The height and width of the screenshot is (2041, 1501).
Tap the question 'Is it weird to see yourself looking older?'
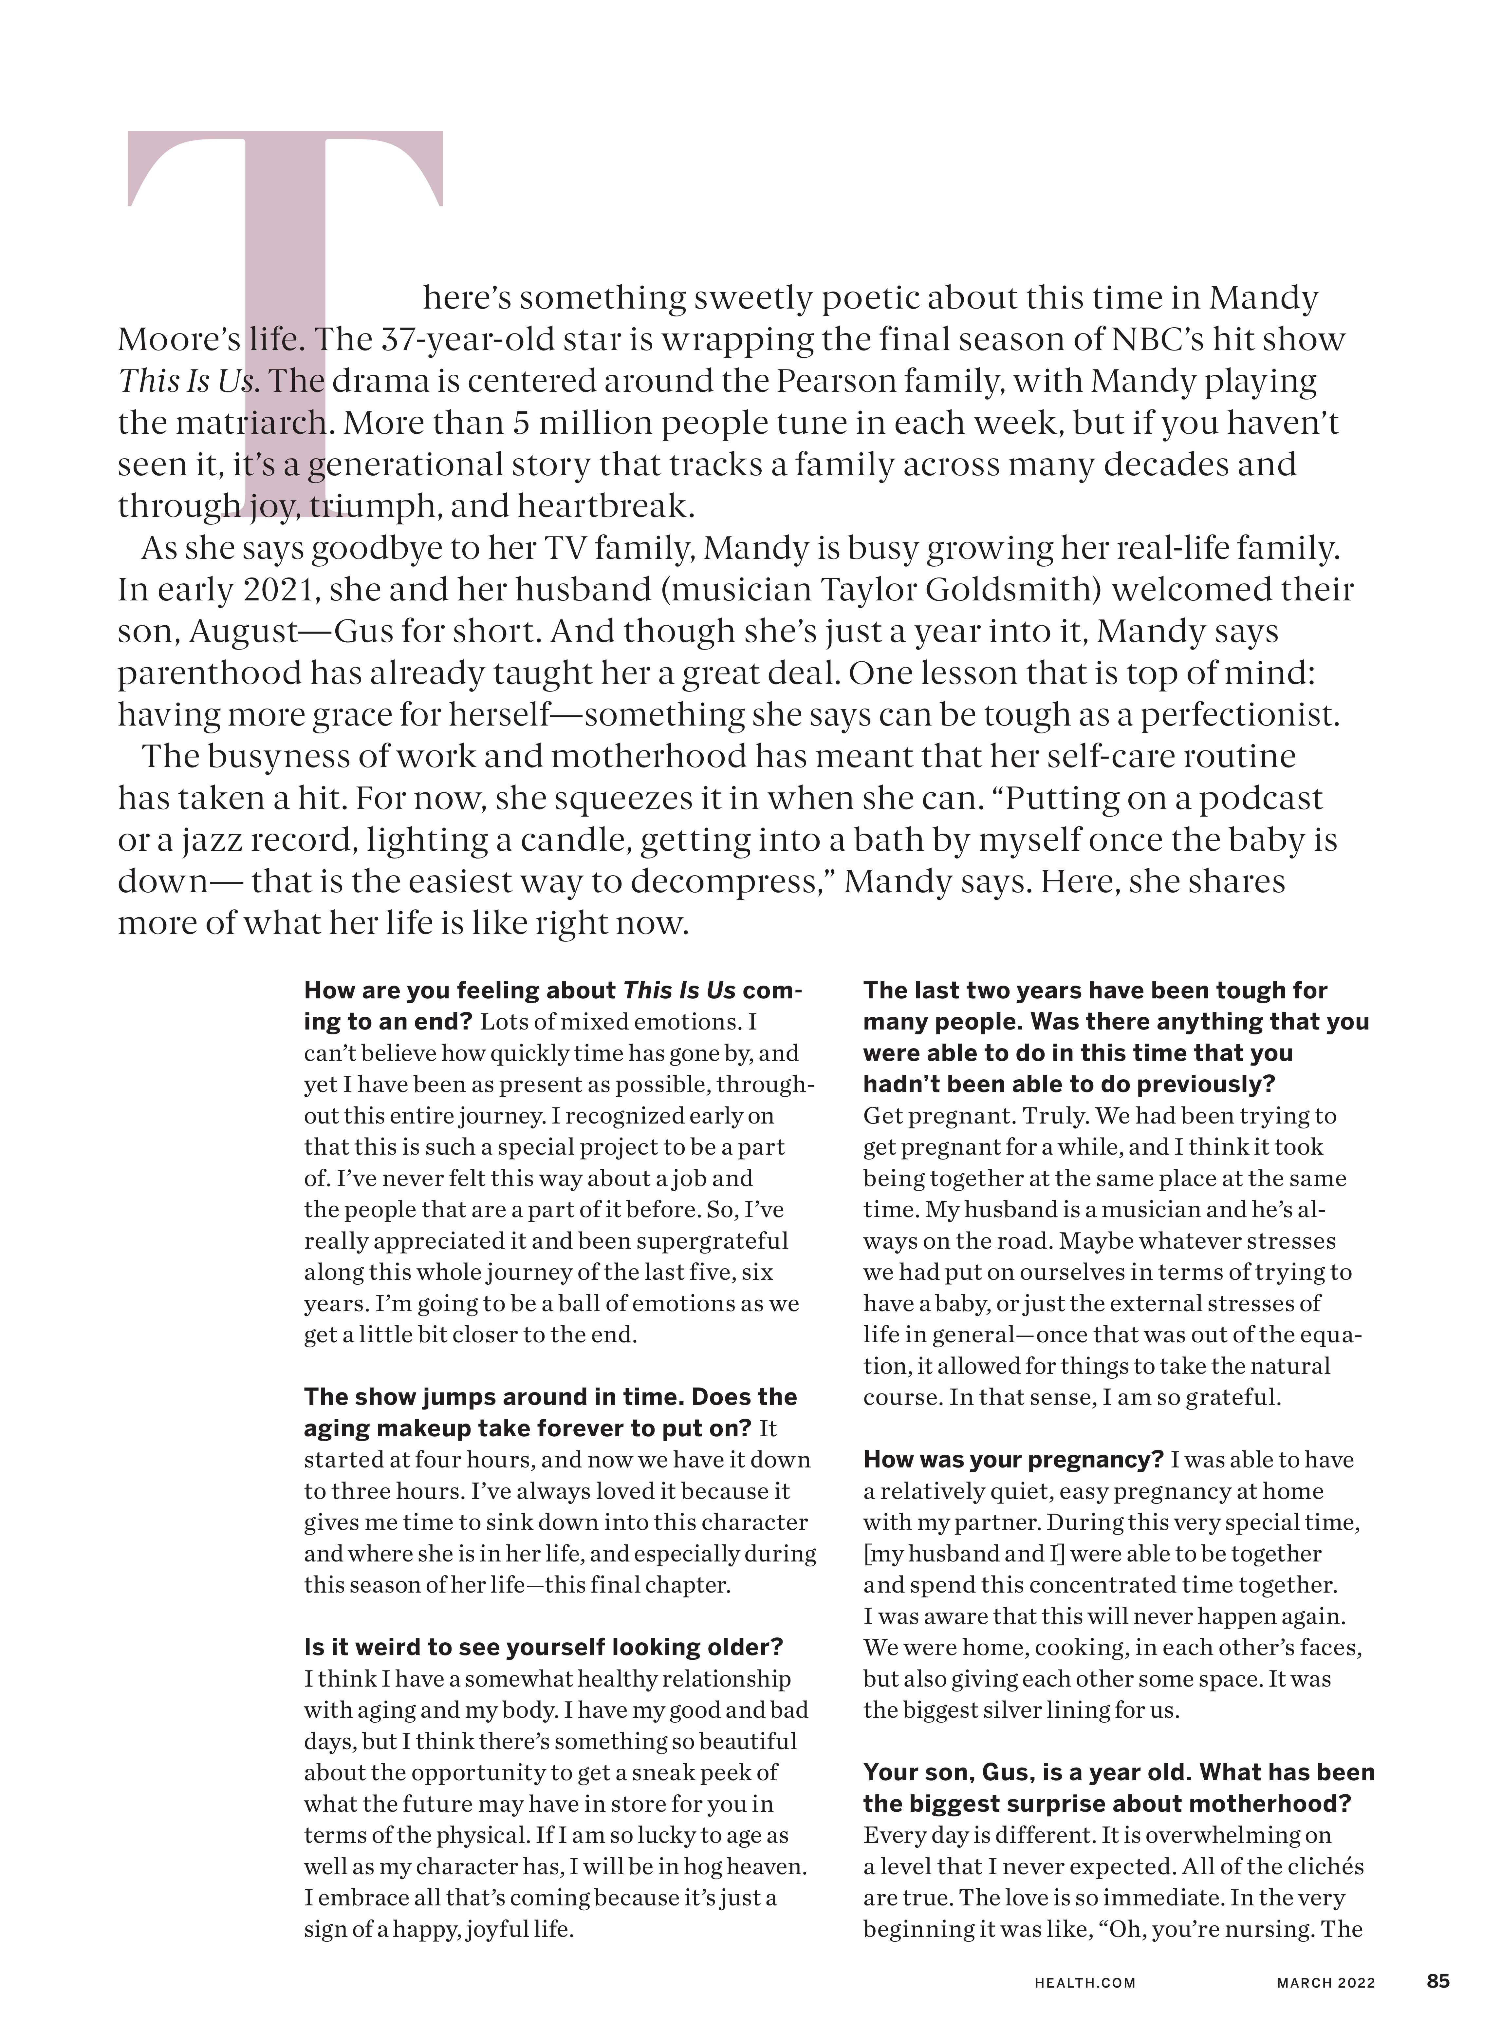(543, 1648)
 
